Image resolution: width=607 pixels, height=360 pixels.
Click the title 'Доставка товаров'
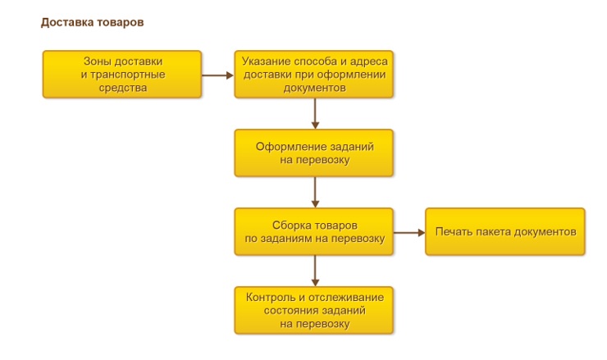click(92, 22)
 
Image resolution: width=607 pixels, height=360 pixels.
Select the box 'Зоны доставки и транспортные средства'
click(122, 75)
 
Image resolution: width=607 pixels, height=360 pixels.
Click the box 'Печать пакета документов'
click(505, 231)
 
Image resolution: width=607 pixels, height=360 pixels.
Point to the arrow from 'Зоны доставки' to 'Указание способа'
click(217, 75)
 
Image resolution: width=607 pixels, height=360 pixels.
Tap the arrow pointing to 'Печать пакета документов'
click(409, 231)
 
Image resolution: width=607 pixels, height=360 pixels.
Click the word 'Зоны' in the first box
click(97, 62)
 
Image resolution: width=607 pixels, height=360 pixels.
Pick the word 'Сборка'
click(290, 225)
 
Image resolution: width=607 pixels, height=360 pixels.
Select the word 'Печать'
click(454, 231)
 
